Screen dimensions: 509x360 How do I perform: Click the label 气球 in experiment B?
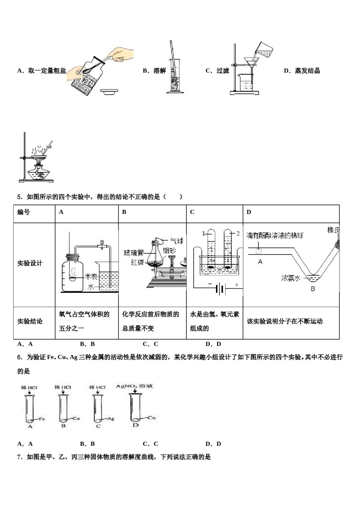(176, 241)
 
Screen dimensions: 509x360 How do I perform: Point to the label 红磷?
(138, 262)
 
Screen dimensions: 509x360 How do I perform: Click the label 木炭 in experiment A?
(92, 276)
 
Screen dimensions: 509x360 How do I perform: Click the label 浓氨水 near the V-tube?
(291, 278)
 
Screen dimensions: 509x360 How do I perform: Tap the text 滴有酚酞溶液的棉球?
(275, 235)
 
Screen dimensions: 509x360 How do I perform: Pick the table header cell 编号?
(23, 212)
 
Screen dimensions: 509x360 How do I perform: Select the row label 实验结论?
(30, 321)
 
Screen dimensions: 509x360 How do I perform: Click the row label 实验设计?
(30, 263)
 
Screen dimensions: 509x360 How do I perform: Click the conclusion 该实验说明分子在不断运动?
(285, 321)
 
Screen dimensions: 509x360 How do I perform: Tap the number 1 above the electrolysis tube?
(203, 233)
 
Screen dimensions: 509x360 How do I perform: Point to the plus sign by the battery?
(237, 284)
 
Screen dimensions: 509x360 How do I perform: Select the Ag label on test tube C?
(111, 418)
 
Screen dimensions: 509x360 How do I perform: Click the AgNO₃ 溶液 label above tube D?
(134, 386)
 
